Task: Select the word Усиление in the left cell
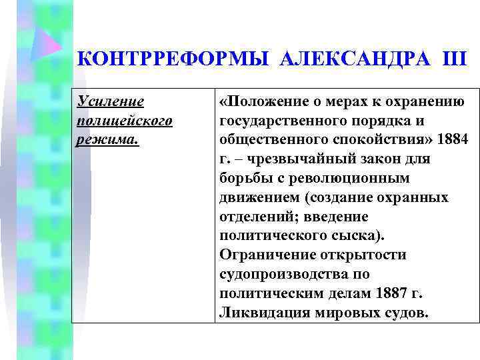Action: pos(111,101)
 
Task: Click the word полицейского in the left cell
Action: pos(125,121)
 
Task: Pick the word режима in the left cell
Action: pos(107,140)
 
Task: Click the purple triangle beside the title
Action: pos(45,43)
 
